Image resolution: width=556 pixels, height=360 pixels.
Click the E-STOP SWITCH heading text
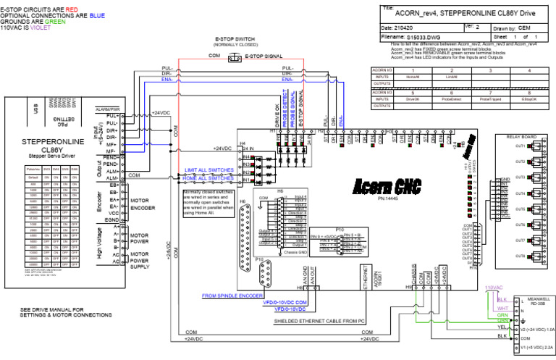(x=235, y=38)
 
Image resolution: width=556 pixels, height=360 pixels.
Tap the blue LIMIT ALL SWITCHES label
(x=210, y=169)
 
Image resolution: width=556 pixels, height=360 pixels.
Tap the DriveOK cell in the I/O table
(x=412, y=99)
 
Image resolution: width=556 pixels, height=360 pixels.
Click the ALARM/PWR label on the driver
(x=107, y=109)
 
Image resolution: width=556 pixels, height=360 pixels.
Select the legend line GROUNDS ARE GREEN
(x=33, y=21)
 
